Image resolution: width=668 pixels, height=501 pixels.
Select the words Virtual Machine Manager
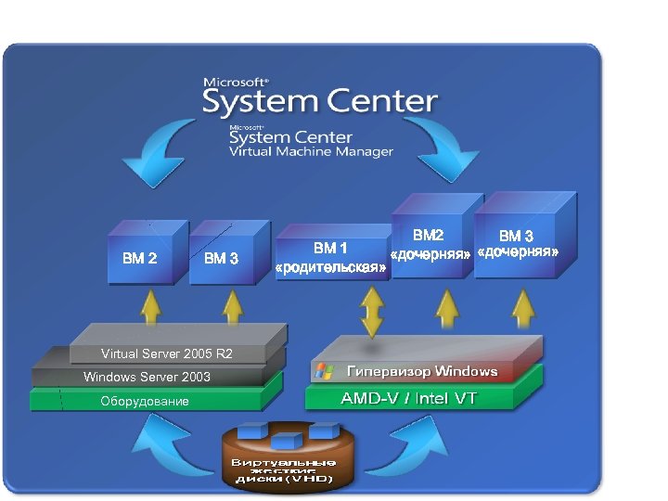311,152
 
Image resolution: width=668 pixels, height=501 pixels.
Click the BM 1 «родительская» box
331,257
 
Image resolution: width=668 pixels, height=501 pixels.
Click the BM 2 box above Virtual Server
140,257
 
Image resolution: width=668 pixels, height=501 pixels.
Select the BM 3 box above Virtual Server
222,257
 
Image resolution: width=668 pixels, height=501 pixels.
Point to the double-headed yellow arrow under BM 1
373,313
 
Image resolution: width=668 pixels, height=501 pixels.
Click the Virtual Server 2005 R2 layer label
167,353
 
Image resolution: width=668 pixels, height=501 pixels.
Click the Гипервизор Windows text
422,371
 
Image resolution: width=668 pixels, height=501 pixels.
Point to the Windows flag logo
324,371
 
